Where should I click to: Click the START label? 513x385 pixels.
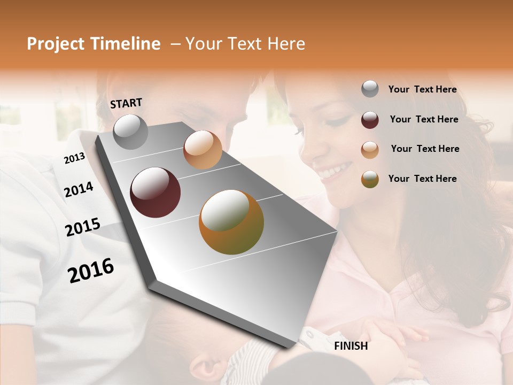pos(126,103)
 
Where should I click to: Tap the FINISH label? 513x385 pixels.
pos(351,346)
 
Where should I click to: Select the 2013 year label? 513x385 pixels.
pos(74,158)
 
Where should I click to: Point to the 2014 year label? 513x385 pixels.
pos(79,190)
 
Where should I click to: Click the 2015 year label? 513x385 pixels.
pos(82,227)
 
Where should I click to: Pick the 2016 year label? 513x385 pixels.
pos(91,270)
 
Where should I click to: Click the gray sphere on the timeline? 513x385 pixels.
pos(131,132)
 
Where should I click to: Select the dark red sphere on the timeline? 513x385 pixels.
pos(155,192)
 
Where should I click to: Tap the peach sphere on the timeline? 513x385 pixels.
pos(203,150)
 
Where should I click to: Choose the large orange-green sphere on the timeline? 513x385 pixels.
pos(231,222)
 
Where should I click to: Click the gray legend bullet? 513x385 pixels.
pos(370,89)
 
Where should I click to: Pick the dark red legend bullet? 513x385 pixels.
pos(370,120)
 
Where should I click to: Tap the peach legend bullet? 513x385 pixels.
pos(370,150)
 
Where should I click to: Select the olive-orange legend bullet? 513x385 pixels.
pos(370,179)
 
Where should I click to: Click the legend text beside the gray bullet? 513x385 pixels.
pos(422,89)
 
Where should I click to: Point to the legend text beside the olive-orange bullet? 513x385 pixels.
pos(422,179)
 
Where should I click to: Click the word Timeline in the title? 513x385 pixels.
pos(126,44)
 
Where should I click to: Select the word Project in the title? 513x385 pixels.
pos(56,44)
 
